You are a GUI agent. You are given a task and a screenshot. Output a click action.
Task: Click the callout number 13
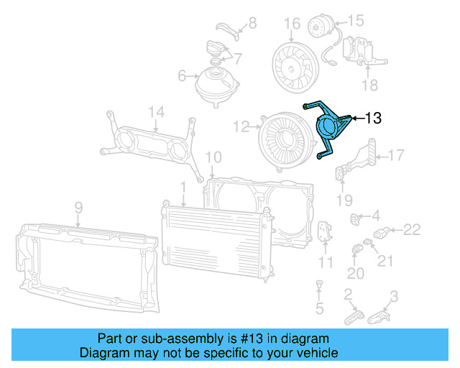point(374,118)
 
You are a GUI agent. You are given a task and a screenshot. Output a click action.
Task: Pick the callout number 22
point(411,230)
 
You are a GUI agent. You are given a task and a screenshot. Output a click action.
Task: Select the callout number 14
point(157,111)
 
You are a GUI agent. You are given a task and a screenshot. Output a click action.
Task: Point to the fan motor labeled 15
point(318,29)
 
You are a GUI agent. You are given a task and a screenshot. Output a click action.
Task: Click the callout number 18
point(369,86)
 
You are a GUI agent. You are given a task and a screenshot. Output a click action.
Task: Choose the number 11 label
point(326,262)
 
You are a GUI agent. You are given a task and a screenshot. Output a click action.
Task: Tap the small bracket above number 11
point(325,232)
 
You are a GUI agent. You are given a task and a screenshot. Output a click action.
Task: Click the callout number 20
point(356,273)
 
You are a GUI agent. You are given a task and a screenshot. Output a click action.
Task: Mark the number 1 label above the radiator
point(183,187)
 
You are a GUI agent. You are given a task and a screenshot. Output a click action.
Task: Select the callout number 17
point(397,154)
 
